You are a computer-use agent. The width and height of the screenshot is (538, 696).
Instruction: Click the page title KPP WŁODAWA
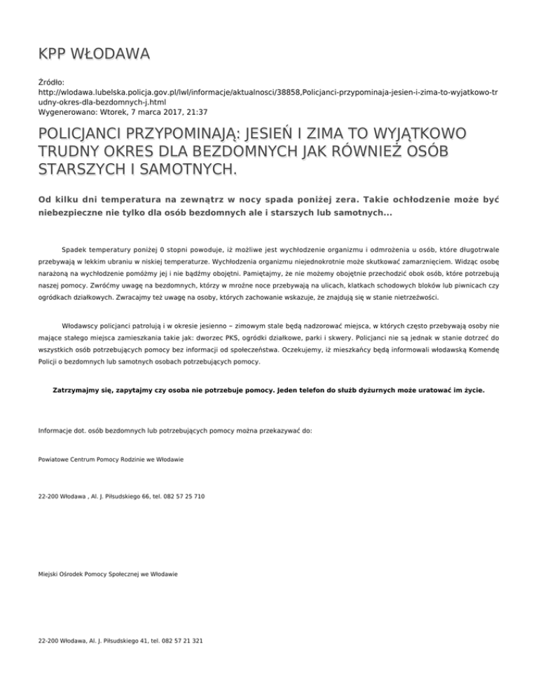click(94, 53)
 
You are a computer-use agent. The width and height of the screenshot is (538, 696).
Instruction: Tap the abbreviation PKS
click(281, 347)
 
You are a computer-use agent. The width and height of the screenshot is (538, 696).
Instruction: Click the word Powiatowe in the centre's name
click(55, 459)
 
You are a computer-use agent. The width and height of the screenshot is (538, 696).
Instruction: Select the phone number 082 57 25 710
click(183, 496)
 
